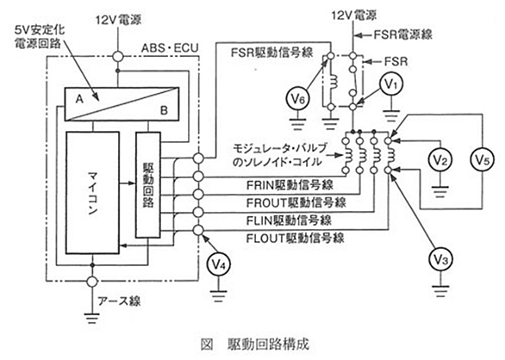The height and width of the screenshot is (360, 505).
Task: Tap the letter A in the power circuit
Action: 79,99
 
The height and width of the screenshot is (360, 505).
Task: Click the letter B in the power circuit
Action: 164,110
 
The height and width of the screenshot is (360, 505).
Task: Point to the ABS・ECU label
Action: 170,48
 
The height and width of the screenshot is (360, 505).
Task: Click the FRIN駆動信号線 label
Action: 290,185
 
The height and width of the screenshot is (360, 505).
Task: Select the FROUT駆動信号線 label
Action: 296,203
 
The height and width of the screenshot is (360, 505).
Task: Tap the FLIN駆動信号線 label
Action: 289,220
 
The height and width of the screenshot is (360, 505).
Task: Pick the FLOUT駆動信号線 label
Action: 296,239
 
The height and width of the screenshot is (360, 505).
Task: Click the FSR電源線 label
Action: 403,34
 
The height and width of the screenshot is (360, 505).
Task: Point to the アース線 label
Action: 119,301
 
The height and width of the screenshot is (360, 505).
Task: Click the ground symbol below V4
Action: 219,295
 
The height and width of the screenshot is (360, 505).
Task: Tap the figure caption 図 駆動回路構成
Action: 255,344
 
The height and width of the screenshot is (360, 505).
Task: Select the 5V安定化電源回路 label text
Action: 39,36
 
